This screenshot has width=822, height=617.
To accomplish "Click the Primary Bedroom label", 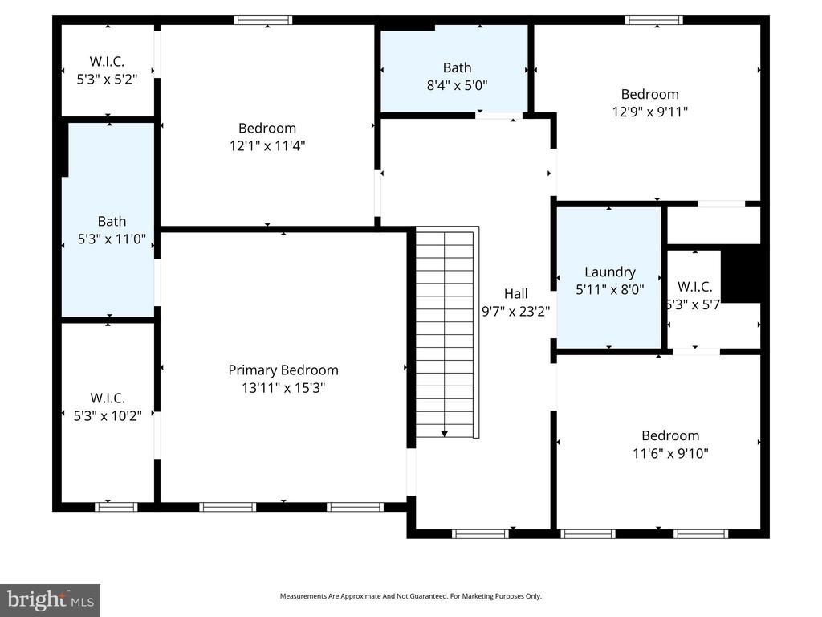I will tap(283, 370).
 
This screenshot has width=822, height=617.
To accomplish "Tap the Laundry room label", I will tap(610, 272).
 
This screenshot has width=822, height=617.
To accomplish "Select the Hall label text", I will tap(515, 294).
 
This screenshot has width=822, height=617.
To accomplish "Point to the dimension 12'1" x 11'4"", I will tap(267, 145).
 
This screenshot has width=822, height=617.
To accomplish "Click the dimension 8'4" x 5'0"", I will tap(457, 84).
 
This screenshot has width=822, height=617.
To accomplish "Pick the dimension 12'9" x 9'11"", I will tap(649, 112).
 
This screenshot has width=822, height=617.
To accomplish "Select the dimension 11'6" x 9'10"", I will tap(670, 453).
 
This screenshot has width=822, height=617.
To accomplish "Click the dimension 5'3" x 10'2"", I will tap(108, 415).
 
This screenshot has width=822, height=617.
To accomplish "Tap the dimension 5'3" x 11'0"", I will tap(112, 239).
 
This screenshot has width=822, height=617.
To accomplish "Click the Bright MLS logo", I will tap(50, 599).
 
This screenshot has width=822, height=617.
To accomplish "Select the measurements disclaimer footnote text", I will tap(410, 596).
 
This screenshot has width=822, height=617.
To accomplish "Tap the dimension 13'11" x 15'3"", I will tap(283, 388).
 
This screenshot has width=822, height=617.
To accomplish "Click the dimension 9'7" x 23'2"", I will tap(515, 312).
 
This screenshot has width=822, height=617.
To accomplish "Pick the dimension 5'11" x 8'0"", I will tap(610, 290).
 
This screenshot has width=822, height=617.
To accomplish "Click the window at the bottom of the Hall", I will tap(480, 533).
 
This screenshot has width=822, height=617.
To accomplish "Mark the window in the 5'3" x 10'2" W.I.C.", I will tap(116, 507).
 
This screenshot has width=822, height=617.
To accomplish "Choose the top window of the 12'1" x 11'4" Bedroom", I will tap(262, 20).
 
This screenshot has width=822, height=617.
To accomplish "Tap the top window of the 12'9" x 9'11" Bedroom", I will tap(654, 20).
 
